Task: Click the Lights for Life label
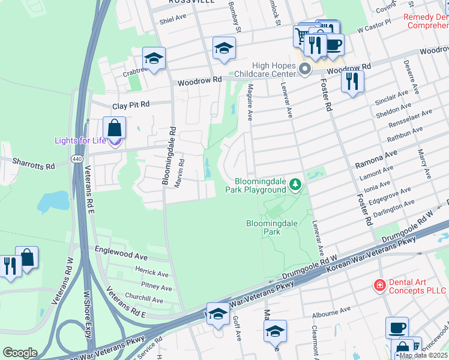pyautogui.click(x=80, y=140)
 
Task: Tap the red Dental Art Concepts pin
pyautogui.click(x=379, y=284)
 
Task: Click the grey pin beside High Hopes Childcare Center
pyautogui.click(x=305, y=69)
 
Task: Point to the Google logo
pyautogui.click(x=20, y=353)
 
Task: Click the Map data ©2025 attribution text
pyautogui.click(x=423, y=355)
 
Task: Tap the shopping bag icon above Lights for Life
pyautogui.click(x=113, y=128)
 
